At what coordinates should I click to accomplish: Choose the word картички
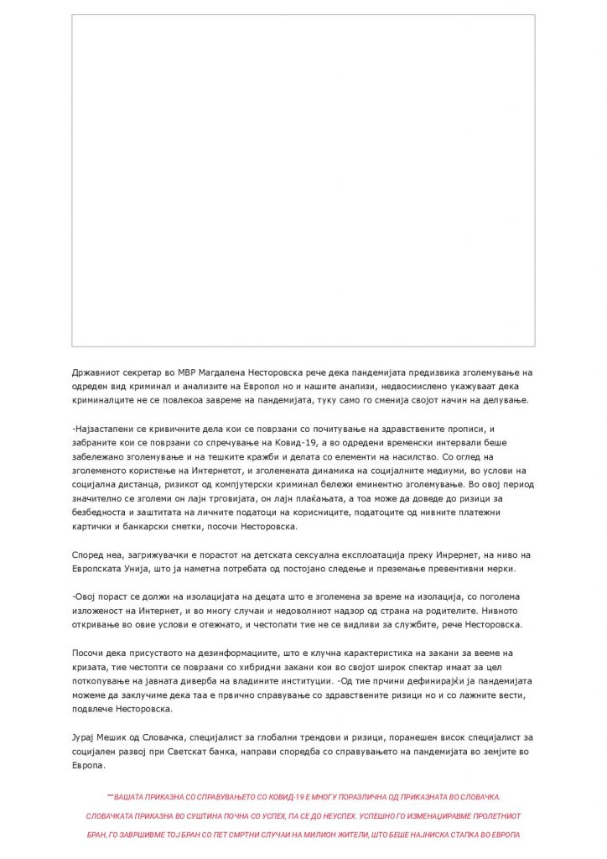(95, 526)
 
